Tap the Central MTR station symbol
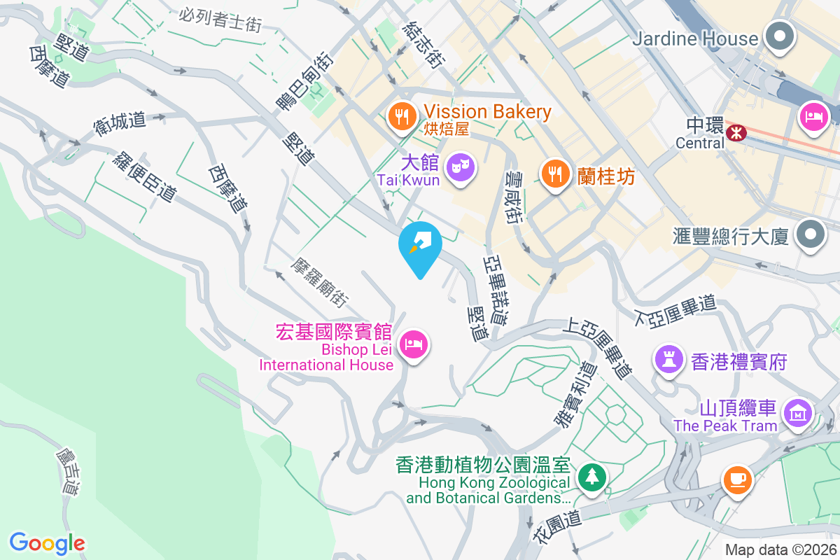(736, 132)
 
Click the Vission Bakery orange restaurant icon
(401, 116)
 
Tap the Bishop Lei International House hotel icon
(414, 344)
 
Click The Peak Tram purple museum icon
(797, 413)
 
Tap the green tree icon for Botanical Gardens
(592, 478)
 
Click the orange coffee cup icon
(736, 481)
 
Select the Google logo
(48, 542)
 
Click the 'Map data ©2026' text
(780, 550)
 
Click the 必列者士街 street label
(220, 20)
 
